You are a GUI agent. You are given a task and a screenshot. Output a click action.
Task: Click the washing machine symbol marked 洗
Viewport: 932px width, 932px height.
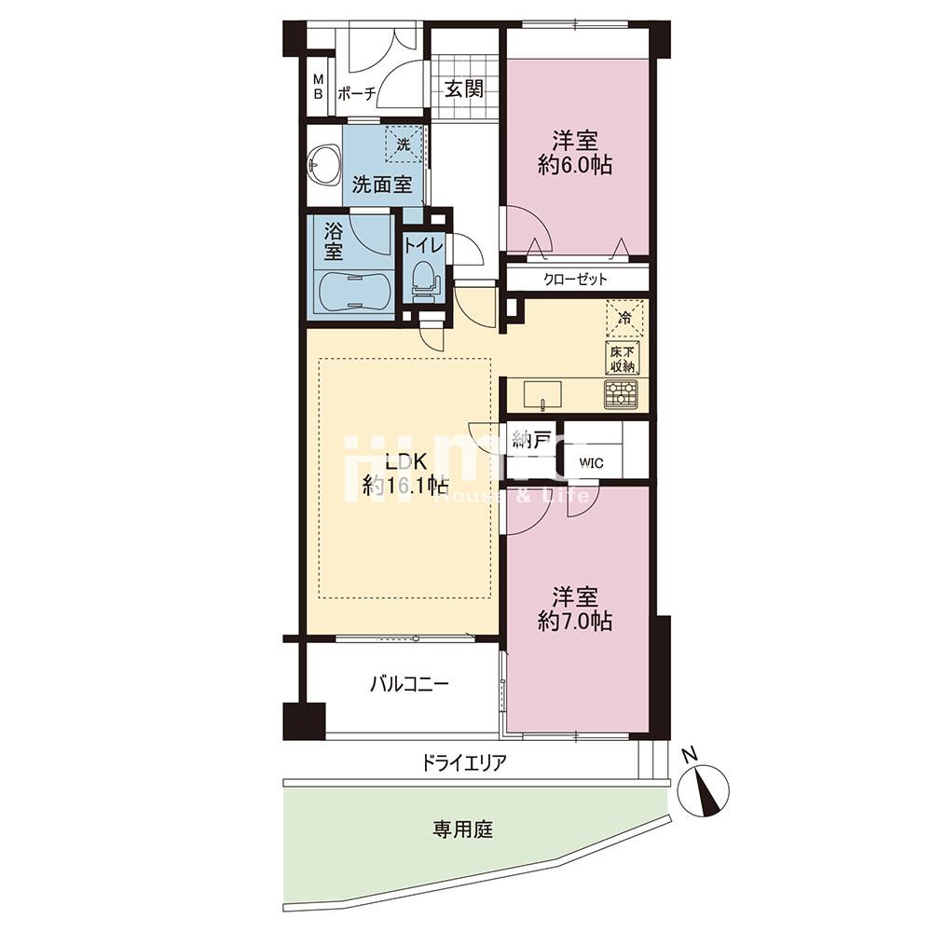click(404, 145)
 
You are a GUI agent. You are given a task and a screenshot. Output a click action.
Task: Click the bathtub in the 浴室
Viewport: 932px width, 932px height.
click(353, 292)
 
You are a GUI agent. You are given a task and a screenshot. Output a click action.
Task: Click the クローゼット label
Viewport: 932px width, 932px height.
click(576, 279)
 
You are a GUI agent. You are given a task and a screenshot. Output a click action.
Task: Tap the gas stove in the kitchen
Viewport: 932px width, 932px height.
click(621, 394)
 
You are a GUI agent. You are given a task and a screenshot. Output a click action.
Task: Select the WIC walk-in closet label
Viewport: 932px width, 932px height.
click(591, 461)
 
